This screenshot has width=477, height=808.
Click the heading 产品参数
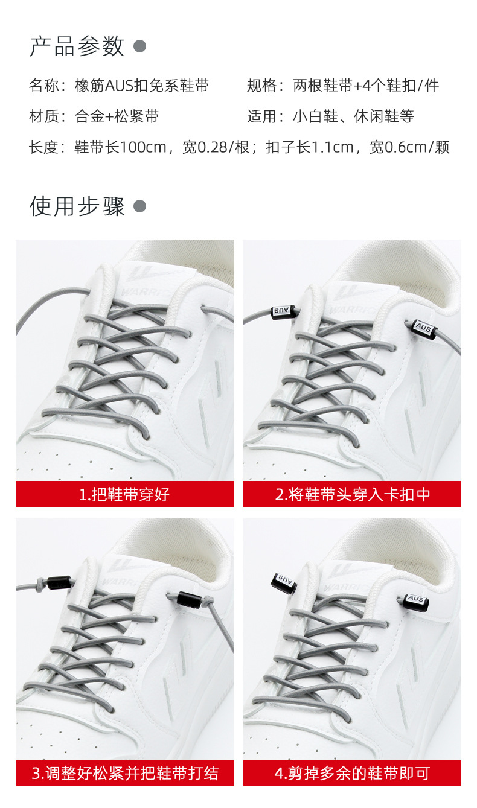click(x=77, y=46)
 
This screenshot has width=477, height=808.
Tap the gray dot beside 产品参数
click(x=140, y=46)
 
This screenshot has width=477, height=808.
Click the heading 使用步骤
click(x=77, y=206)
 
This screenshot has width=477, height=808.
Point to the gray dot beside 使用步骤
click(x=140, y=206)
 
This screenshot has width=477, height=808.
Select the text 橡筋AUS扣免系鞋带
click(x=142, y=86)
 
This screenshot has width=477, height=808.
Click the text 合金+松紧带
click(x=117, y=116)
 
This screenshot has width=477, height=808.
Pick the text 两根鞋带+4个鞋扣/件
click(x=366, y=86)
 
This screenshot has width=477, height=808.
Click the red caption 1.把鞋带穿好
click(x=125, y=495)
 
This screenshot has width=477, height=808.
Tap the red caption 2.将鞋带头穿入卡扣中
click(x=352, y=495)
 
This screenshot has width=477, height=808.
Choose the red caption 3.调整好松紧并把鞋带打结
click(x=125, y=773)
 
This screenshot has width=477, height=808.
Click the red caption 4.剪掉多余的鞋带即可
click(x=352, y=773)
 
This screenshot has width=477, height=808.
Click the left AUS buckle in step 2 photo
click(x=283, y=311)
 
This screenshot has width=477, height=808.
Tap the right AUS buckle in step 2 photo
click(x=422, y=328)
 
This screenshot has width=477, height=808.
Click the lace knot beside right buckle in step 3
click(x=207, y=603)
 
